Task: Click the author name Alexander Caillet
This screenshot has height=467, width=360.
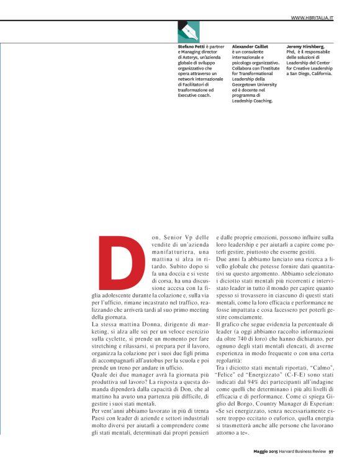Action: (250, 47)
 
